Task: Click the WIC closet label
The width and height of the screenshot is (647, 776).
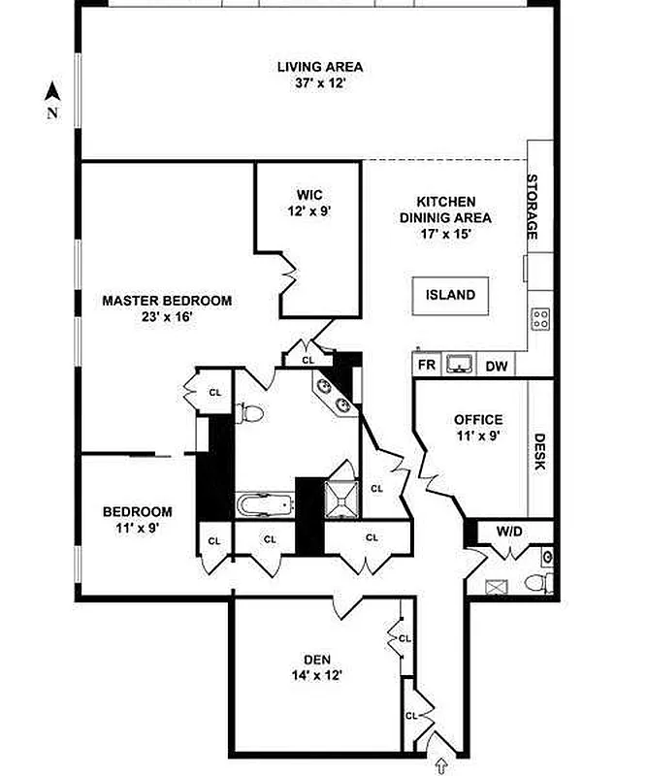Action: (310, 195)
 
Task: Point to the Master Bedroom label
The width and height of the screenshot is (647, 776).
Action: (167, 301)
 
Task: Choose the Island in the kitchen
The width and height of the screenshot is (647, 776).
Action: (451, 295)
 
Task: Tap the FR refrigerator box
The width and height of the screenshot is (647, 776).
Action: (426, 366)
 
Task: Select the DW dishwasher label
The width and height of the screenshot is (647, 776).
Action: (497, 366)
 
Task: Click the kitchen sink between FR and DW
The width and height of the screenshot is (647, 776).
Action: (460, 365)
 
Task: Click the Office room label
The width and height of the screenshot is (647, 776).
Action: (479, 420)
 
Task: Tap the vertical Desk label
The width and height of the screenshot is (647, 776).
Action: (540, 451)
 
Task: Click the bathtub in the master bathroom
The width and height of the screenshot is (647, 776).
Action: (264, 504)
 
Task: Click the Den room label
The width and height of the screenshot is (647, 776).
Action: (317, 660)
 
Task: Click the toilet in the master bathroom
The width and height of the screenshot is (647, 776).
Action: (250, 411)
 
